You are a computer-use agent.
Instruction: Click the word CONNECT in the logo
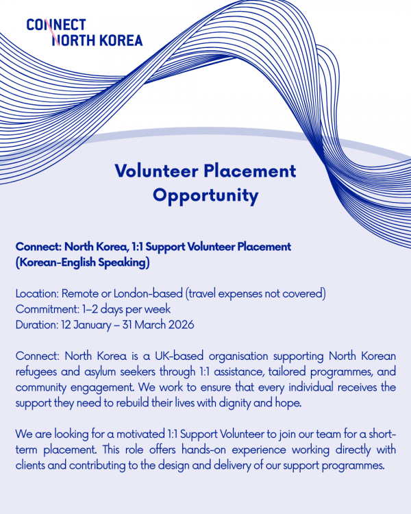(56, 25)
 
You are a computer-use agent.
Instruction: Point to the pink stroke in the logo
(49, 31)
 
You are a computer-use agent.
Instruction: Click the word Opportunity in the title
(206, 195)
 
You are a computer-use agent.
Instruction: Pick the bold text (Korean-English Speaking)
(82, 262)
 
